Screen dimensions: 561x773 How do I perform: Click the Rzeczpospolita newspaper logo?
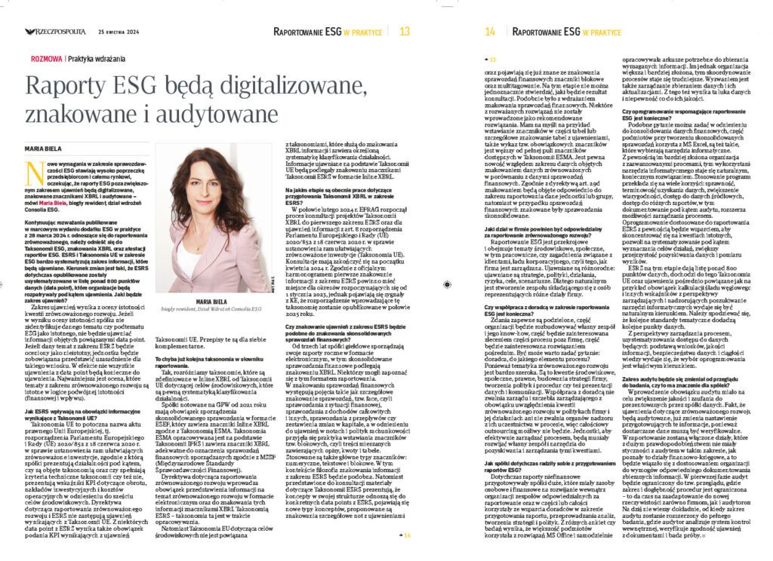[54, 32]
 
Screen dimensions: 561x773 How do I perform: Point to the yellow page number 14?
[491, 32]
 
